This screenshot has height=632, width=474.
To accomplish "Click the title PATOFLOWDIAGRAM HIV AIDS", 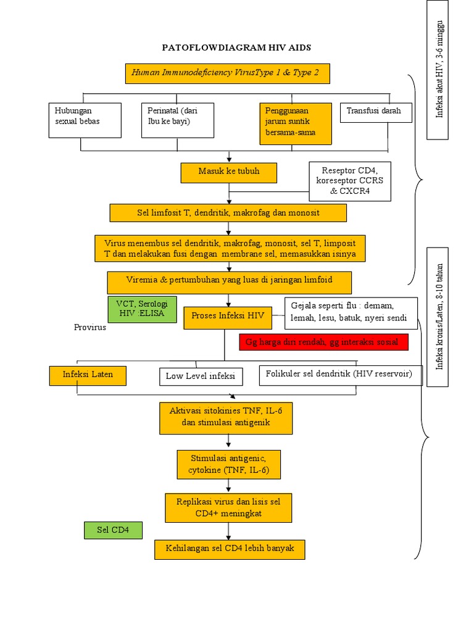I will click(236, 48).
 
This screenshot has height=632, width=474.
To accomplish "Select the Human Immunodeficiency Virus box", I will click(227, 73).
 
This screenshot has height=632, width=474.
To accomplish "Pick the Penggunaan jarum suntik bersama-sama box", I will click(296, 123).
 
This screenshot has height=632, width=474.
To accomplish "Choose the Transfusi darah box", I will click(375, 112).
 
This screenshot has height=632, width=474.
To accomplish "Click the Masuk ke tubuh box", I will click(229, 172).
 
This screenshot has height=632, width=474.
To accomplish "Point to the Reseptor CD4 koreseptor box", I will click(349, 181).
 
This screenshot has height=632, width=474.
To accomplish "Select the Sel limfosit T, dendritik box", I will click(228, 212).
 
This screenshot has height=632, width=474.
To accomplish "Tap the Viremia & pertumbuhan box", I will click(229, 282).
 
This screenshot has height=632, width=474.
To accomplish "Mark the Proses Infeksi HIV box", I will click(228, 316).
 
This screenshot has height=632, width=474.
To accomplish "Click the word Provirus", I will click(90, 328).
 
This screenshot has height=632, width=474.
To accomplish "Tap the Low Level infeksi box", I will click(201, 376).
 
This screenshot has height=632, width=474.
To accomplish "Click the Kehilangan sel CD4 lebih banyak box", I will click(230, 549).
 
